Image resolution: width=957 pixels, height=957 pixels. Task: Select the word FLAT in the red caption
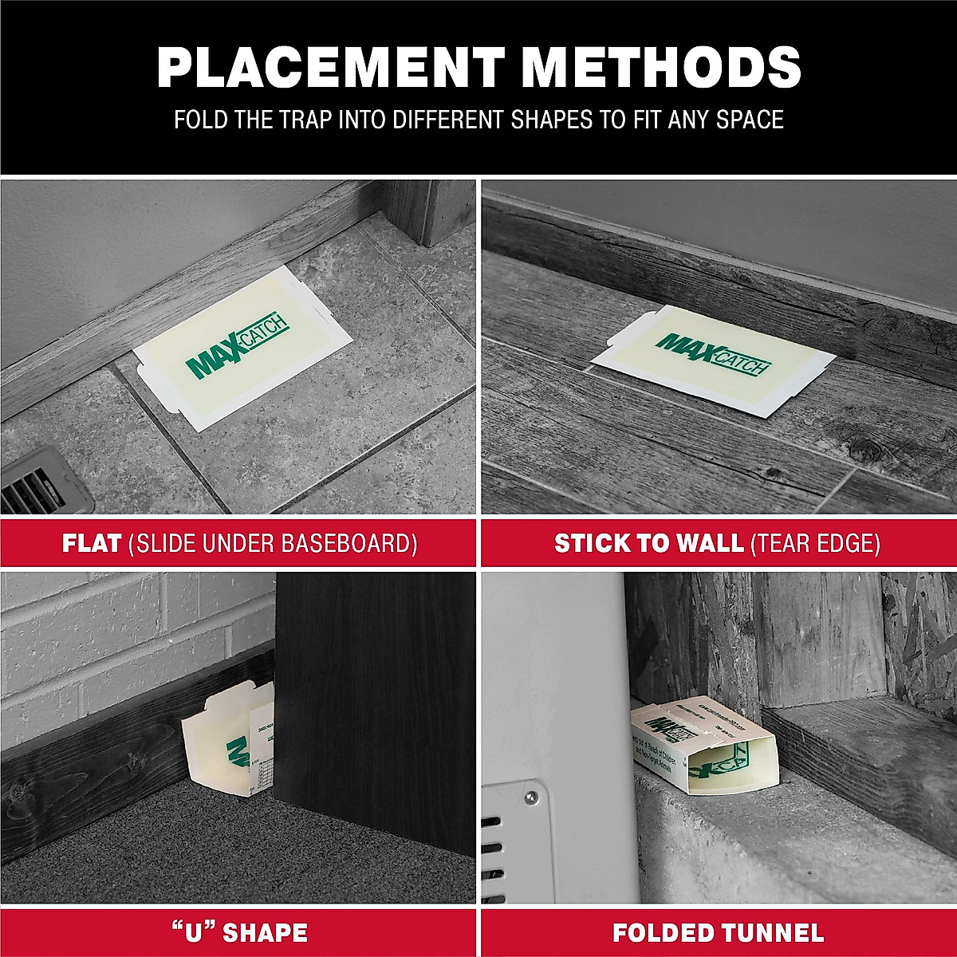point(92,544)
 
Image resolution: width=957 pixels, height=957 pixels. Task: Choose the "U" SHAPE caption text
point(238,931)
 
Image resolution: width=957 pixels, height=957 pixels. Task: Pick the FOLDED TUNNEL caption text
point(718,931)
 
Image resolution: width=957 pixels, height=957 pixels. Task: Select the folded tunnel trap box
point(702,742)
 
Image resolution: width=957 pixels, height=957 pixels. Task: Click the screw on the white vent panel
point(528,794)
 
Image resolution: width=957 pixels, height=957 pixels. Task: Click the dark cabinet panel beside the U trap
point(375,686)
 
